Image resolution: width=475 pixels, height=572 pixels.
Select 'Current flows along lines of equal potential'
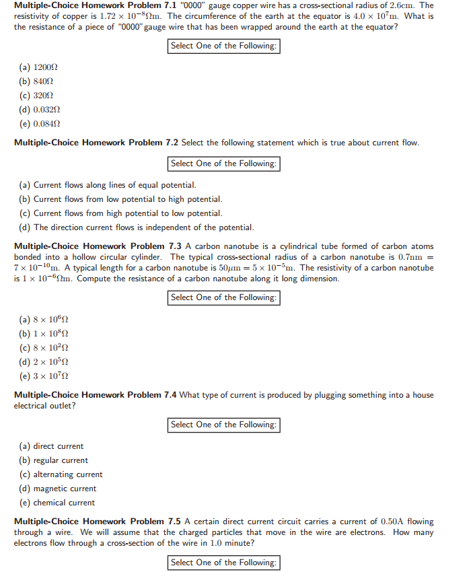tap(108, 185)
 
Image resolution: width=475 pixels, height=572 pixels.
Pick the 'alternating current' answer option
tap(61, 474)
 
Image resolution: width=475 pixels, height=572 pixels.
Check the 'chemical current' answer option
tap(57, 503)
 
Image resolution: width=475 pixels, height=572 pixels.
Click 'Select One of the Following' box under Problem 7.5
tap(223, 563)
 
